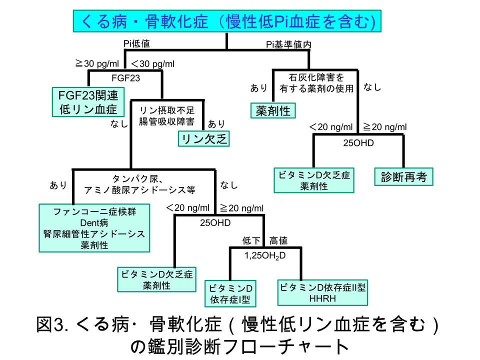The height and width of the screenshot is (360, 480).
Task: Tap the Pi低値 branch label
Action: pos(137,44)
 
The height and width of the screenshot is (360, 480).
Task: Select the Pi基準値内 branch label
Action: pos(288,44)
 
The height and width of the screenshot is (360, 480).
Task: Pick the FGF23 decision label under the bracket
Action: pos(125,77)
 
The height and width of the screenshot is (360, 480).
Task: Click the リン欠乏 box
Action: pos(203,139)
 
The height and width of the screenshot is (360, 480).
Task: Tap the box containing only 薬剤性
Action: pos(273,110)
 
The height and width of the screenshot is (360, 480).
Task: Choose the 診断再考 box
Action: pos(402,177)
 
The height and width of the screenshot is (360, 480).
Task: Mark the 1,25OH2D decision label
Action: pos(264,255)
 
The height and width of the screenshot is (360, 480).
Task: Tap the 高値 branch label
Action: pos(278,241)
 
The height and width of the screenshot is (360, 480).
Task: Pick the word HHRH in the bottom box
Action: pos(323,299)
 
